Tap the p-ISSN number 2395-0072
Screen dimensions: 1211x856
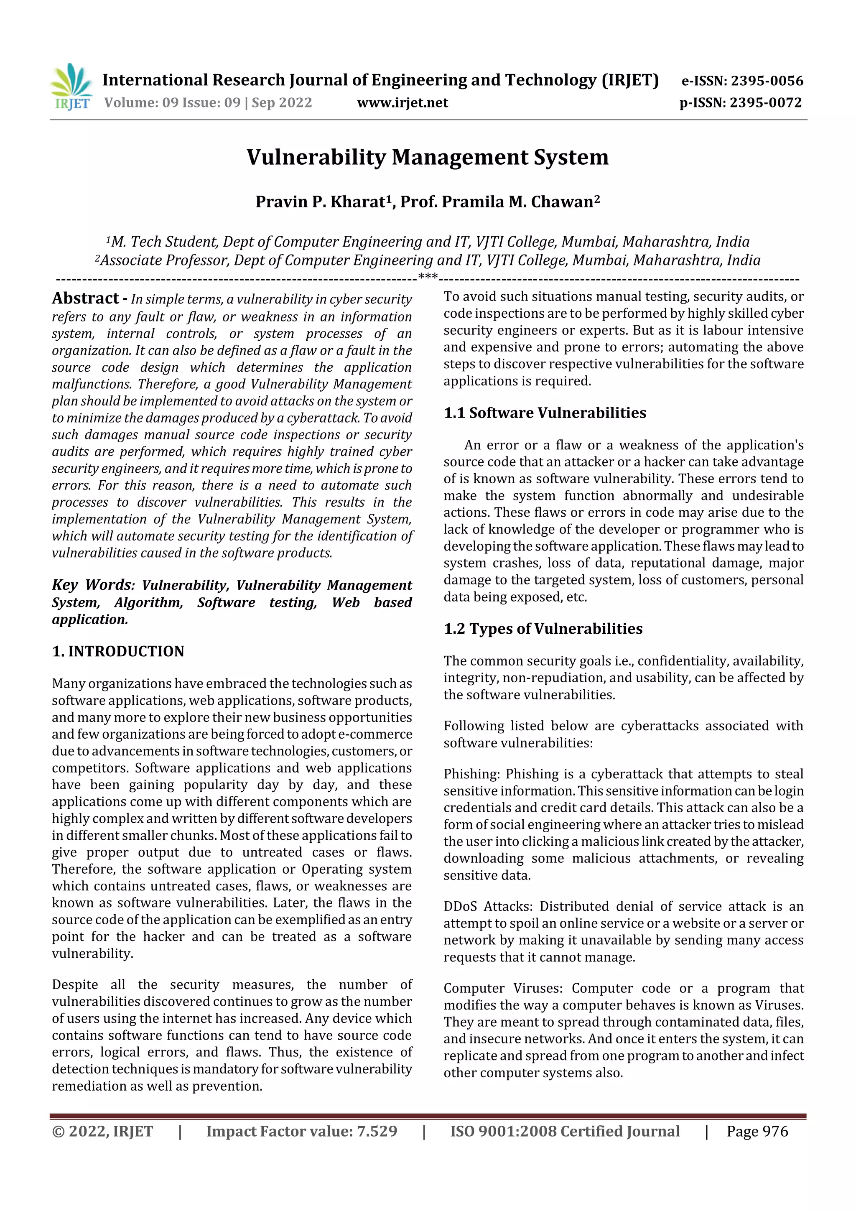point(765,102)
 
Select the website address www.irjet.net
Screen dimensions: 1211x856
point(403,102)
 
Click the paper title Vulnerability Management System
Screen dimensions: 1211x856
point(427,157)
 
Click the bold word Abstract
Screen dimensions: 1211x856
point(85,298)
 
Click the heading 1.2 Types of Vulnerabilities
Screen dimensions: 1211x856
point(543,629)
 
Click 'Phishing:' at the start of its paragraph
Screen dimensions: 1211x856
point(471,774)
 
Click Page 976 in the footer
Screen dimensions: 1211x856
point(757,1131)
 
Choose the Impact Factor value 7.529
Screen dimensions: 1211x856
point(377,1131)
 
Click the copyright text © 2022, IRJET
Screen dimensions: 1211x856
point(102,1131)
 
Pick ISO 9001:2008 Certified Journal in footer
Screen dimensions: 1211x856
point(564,1131)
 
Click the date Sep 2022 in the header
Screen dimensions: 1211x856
point(282,102)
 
